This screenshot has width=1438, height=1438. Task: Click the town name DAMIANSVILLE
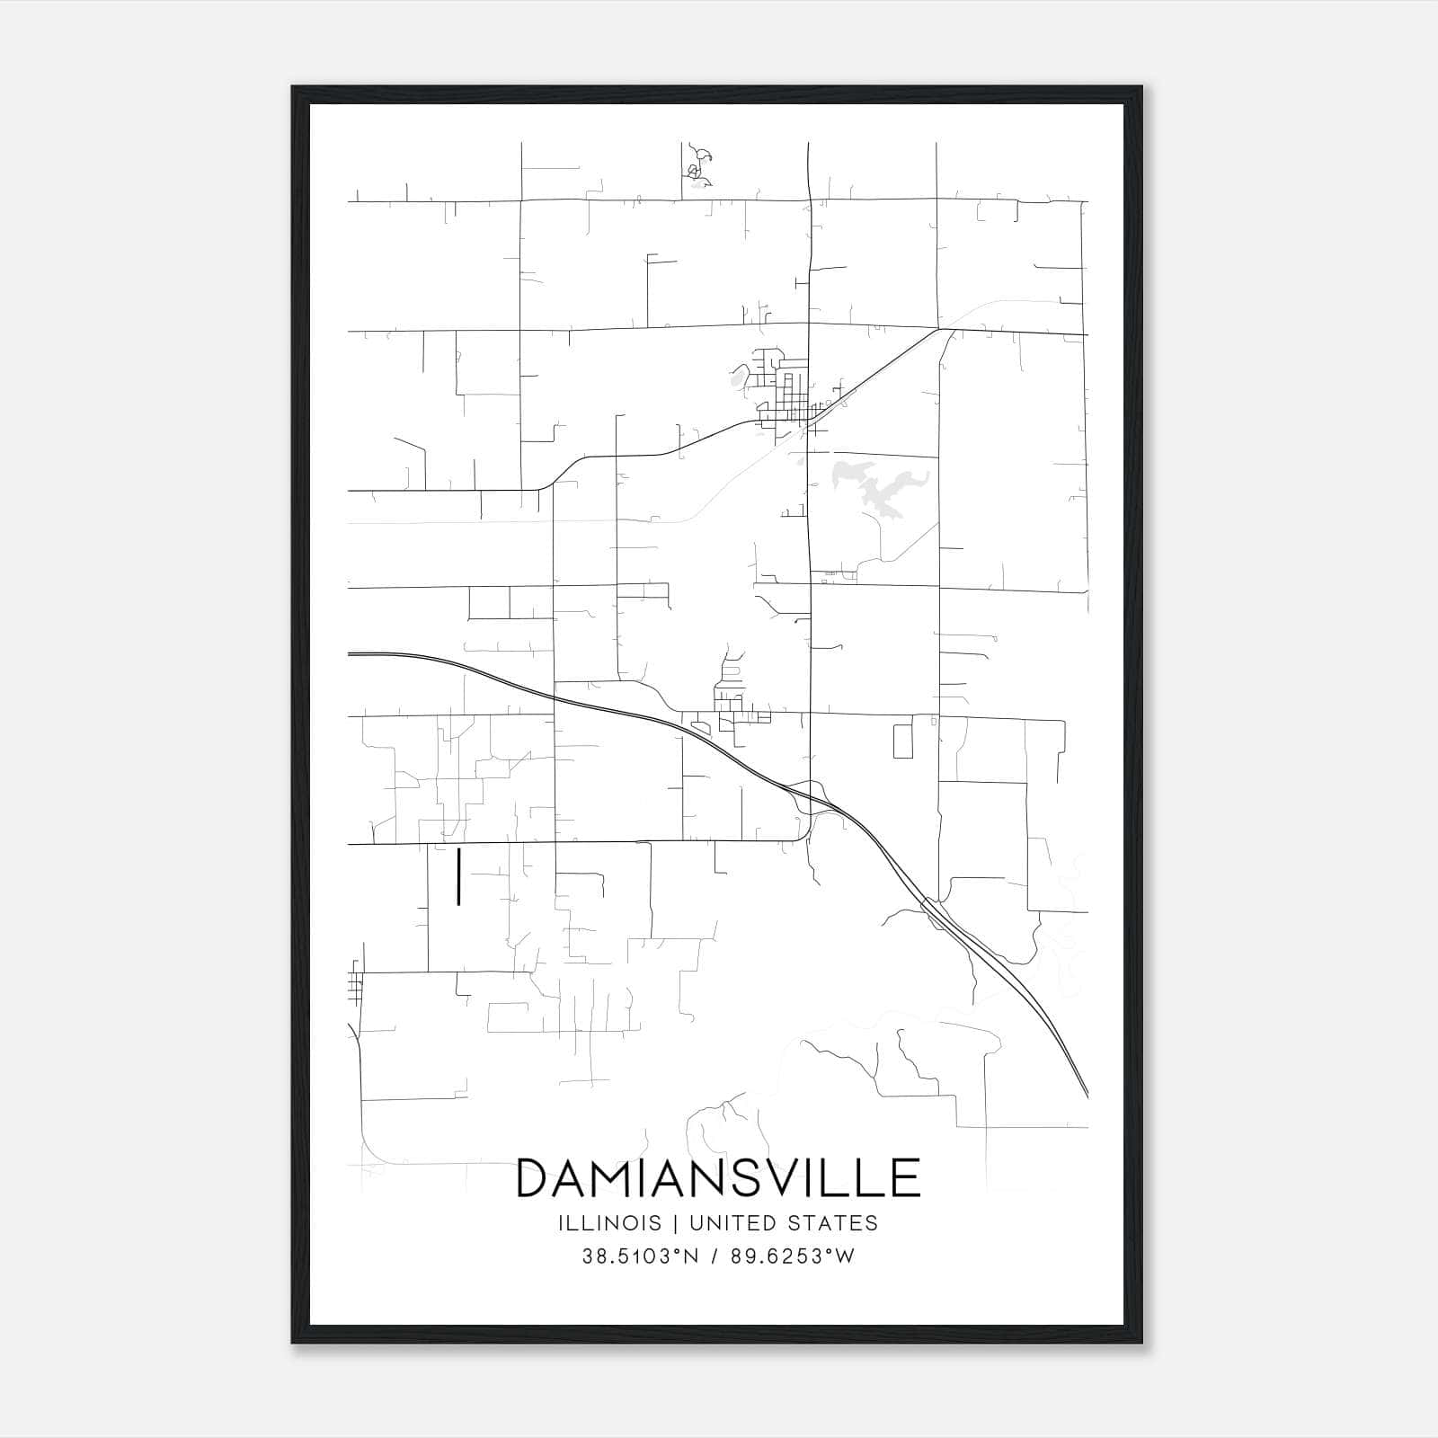point(718,1178)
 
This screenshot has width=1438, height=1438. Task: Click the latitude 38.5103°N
point(640,1256)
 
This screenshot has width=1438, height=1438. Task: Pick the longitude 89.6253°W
point(792,1256)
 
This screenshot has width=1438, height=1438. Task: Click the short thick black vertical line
point(459,876)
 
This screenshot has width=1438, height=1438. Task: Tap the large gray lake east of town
point(872,490)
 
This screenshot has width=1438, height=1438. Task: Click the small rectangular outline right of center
point(902,741)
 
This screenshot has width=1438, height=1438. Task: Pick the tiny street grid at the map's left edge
point(355,986)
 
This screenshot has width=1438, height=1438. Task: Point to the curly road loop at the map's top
point(697,166)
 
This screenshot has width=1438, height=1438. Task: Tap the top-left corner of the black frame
point(293,88)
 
